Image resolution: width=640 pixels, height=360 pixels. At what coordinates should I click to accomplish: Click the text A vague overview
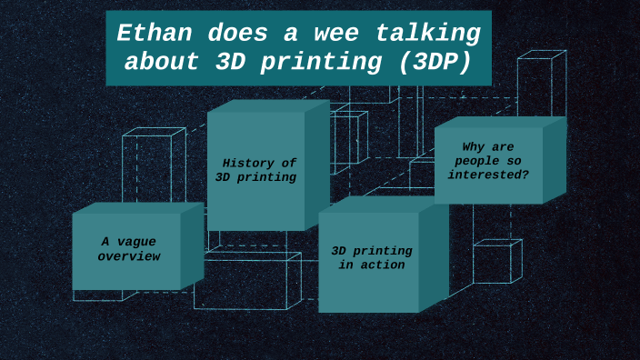[128, 249]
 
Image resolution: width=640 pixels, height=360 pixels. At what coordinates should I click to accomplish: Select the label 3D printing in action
[371, 257]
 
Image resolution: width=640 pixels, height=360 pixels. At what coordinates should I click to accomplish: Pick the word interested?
[488, 175]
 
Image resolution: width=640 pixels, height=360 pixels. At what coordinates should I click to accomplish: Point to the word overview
[128, 256]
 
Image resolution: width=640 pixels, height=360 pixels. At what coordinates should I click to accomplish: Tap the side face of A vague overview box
[192, 246]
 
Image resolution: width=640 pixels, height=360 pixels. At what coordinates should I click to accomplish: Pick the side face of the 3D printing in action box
[434, 257]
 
